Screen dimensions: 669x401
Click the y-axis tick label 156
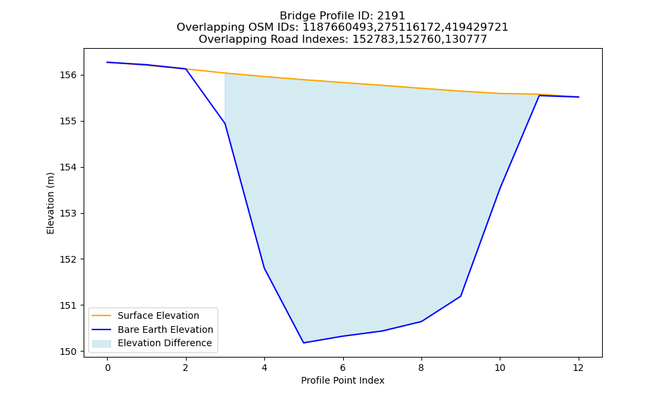[68, 76]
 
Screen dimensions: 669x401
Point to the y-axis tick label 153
[68, 213]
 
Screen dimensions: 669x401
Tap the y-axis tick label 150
[68, 352]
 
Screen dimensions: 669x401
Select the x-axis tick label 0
[108, 368]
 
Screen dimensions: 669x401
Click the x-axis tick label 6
[343, 368]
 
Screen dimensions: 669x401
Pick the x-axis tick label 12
[579, 368]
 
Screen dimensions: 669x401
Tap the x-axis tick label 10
[500, 368]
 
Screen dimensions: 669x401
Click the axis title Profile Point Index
[343, 380]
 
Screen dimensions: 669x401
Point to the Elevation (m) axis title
[50, 203]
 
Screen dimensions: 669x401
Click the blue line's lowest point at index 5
[304, 343]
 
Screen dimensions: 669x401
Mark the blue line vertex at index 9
[461, 296]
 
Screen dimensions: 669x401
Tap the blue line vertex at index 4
[264, 268]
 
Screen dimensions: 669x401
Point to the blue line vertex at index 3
[225, 124]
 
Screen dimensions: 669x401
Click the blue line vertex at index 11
[539, 96]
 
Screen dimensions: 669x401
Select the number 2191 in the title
[391, 16]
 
